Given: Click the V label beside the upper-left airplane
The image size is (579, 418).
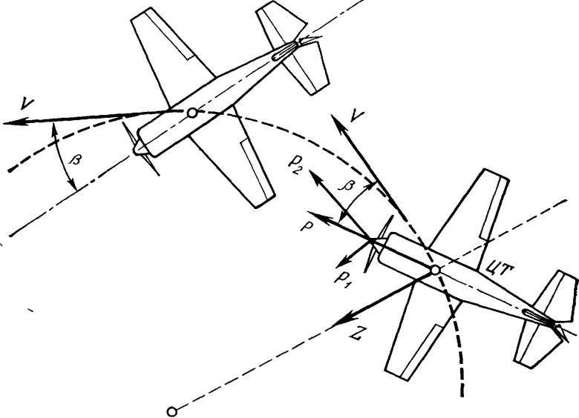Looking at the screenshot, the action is pos(27,104).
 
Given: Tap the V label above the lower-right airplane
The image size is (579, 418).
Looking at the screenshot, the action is pos(356,116).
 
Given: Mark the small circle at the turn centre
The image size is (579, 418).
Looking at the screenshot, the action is pos(171,411).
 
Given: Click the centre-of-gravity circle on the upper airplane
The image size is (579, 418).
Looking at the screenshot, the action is pos(192,113).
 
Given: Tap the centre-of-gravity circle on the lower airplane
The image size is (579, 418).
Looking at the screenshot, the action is pos(436,271).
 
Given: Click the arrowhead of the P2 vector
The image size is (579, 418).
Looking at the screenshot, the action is pos(314,176).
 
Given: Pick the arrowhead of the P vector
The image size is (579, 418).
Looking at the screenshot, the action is pos(315,216).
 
